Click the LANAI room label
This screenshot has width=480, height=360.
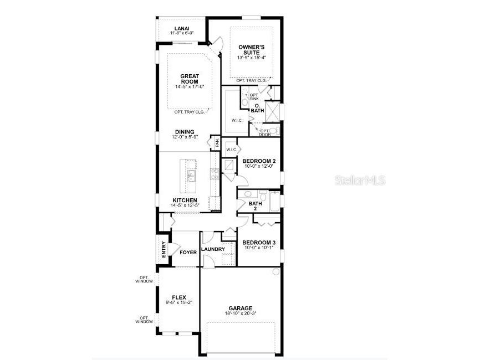pyautogui.click(x=182, y=28)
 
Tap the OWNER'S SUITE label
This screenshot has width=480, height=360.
pyautogui.click(x=252, y=49)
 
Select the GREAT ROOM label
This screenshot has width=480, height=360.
pyautogui.click(x=190, y=79)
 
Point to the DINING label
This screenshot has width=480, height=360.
pyautogui.click(x=185, y=132)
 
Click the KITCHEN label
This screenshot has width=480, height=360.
pyautogui.click(x=185, y=200)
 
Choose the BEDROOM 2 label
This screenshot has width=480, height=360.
pyautogui.click(x=259, y=161)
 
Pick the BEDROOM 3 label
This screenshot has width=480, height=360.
pyautogui.click(x=259, y=243)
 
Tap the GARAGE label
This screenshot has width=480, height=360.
pyautogui.click(x=241, y=308)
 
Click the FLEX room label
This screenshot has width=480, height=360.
pyautogui.click(x=178, y=297)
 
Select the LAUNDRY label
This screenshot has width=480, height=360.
pyautogui.click(x=213, y=249)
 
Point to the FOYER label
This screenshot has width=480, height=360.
pyautogui.click(x=188, y=252)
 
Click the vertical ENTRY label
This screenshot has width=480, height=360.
pyautogui.click(x=164, y=250)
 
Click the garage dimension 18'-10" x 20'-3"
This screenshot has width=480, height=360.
pyautogui.click(x=241, y=314)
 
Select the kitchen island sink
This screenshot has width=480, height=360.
pyautogui.click(x=191, y=176)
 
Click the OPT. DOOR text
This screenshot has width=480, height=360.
pyautogui.click(x=264, y=133)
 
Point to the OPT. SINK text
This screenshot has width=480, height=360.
pyautogui.click(x=254, y=97)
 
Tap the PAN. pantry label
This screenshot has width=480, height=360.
pyautogui.click(x=217, y=142)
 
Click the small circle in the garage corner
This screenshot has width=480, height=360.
pyautogui.click(x=275, y=272)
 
